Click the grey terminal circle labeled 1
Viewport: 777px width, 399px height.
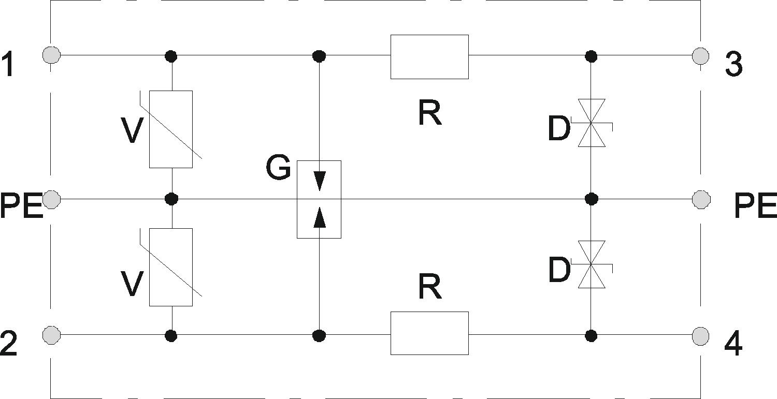point(51,55)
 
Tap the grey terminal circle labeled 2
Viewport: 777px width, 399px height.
point(51,335)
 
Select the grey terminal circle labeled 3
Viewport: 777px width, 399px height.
point(700,55)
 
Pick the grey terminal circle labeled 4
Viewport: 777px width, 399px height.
point(700,337)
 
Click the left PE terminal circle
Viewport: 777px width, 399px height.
point(51,199)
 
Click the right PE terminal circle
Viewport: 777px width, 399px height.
point(701,199)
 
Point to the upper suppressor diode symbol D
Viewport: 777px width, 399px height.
point(592,123)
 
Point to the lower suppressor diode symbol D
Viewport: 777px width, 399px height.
point(592,264)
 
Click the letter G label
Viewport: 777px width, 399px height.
point(278,168)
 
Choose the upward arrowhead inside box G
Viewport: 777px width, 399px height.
point(320,217)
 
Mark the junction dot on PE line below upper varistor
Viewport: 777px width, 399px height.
point(171,199)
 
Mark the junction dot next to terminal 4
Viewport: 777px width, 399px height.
point(591,335)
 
